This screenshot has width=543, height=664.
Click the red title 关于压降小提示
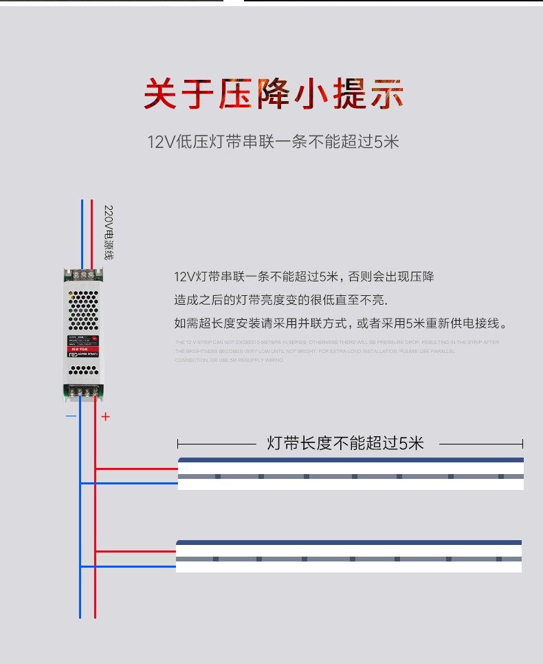pyautogui.click(x=273, y=94)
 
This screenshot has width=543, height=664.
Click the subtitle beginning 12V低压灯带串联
pyautogui.click(x=273, y=142)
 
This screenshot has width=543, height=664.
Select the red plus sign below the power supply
pyautogui.click(x=105, y=416)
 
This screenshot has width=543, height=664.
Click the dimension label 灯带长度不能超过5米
pyautogui.click(x=346, y=443)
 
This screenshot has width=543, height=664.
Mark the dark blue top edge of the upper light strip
pyautogui.click(x=351, y=460)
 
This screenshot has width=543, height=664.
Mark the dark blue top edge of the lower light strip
pyautogui.click(x=349, y=542)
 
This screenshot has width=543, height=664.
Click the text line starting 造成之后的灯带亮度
pyautogui.click(x=280, y=300)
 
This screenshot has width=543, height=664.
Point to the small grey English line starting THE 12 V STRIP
pyautogui.click(x=337, y=342)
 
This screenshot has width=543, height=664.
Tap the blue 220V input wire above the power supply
pyautogui.click(x=82, y=234)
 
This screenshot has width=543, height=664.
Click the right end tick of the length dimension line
pyautogui.click(x=523, y=444)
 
